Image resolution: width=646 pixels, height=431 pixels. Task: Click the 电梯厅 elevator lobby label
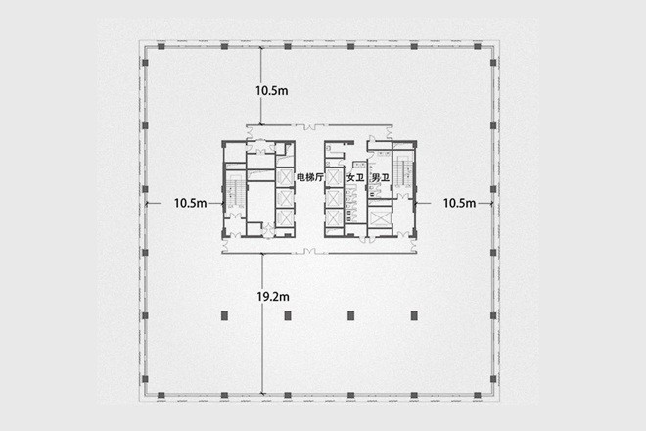[310, 177]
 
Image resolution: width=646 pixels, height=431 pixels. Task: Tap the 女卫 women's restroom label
[355, 178]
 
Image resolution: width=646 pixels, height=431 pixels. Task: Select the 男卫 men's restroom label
[381, 178]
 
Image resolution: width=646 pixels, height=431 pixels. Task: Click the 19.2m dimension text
[273, 296]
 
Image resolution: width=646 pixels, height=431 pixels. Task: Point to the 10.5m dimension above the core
[272, 91]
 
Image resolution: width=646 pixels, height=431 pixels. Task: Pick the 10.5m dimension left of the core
[190, 203]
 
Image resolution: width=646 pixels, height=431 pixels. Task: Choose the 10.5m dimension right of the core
[459, 203]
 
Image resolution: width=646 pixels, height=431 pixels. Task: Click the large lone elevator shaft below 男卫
[380, 218]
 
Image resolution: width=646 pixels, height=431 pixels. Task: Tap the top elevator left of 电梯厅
[284, 177]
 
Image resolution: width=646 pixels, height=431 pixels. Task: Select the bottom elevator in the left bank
[284, 216]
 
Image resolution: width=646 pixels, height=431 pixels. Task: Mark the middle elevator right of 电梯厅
[334, 198]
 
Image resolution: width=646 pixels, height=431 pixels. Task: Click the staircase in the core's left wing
[236, 192]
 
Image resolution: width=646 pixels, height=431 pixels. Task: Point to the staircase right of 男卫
[403, 172]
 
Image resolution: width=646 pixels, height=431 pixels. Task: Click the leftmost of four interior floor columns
[224, 316]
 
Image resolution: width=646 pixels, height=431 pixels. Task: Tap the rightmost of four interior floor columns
[414, 316]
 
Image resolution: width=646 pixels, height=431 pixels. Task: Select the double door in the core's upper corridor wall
[310, 127]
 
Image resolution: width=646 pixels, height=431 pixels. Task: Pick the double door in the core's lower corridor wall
[310, 251]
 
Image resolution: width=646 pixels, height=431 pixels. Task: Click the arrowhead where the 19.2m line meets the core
[262, 254]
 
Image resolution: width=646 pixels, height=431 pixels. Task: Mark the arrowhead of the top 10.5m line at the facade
[260, 49]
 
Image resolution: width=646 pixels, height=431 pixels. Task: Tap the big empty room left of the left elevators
[260, 203]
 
